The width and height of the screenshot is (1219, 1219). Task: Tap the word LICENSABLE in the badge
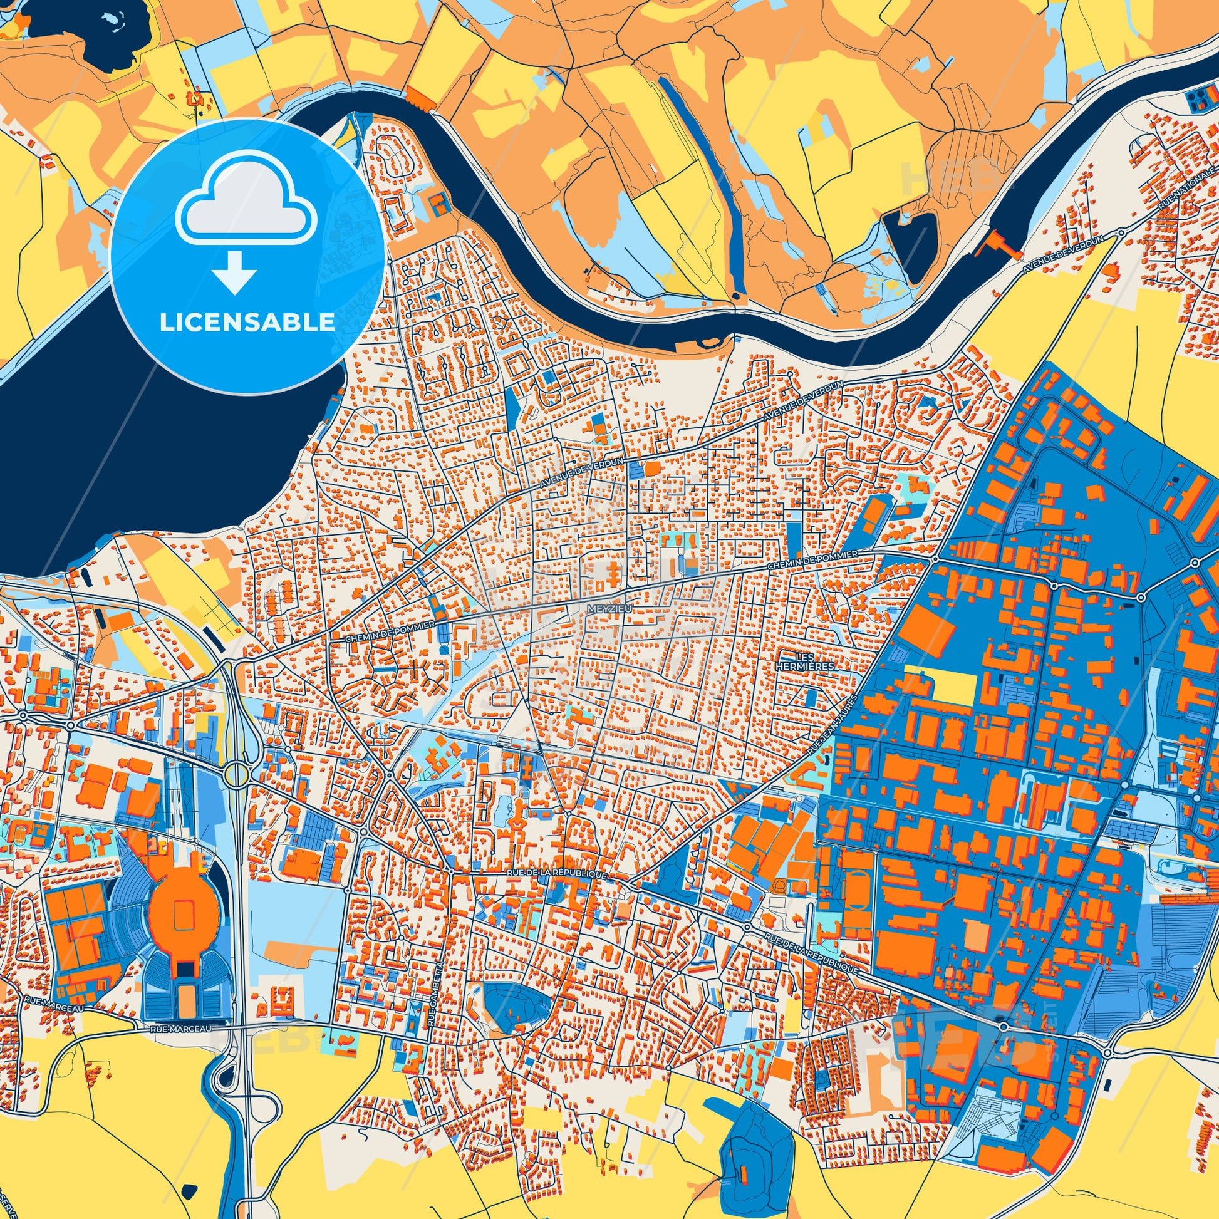tap(247, 323)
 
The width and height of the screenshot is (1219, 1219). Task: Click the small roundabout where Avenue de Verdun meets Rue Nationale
tap(1120, 232)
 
